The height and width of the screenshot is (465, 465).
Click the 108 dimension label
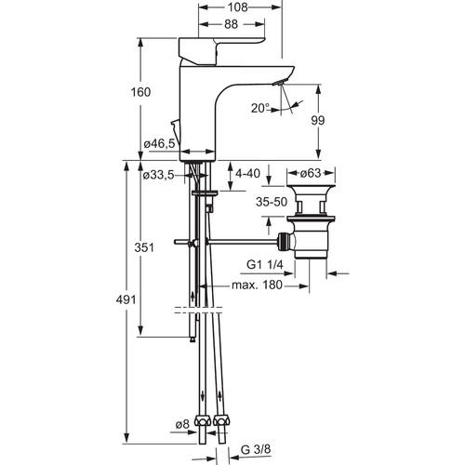coord(238,7)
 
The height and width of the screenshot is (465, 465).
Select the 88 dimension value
coord(231,24)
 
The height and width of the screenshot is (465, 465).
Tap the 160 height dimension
coord(140,92)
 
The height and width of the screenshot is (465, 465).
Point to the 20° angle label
coord(260,108)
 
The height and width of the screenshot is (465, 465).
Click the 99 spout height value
coord(318,120)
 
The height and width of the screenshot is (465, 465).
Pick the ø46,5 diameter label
coord(160,143)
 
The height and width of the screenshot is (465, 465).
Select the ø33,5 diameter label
coord(158,176)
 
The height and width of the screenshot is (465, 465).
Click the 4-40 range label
coord(247,174)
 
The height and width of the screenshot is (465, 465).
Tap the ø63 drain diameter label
coord(311,173)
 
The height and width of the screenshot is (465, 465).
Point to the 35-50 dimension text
coord(272,202)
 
